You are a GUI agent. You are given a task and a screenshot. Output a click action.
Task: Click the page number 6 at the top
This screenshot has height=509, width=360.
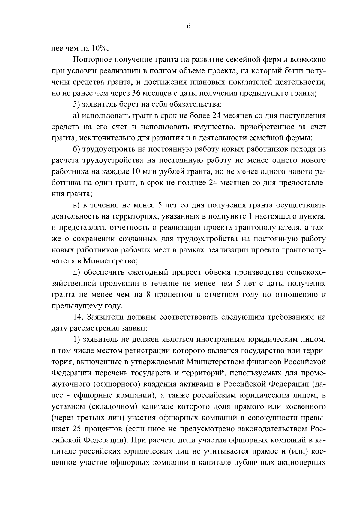pos(188,26)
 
